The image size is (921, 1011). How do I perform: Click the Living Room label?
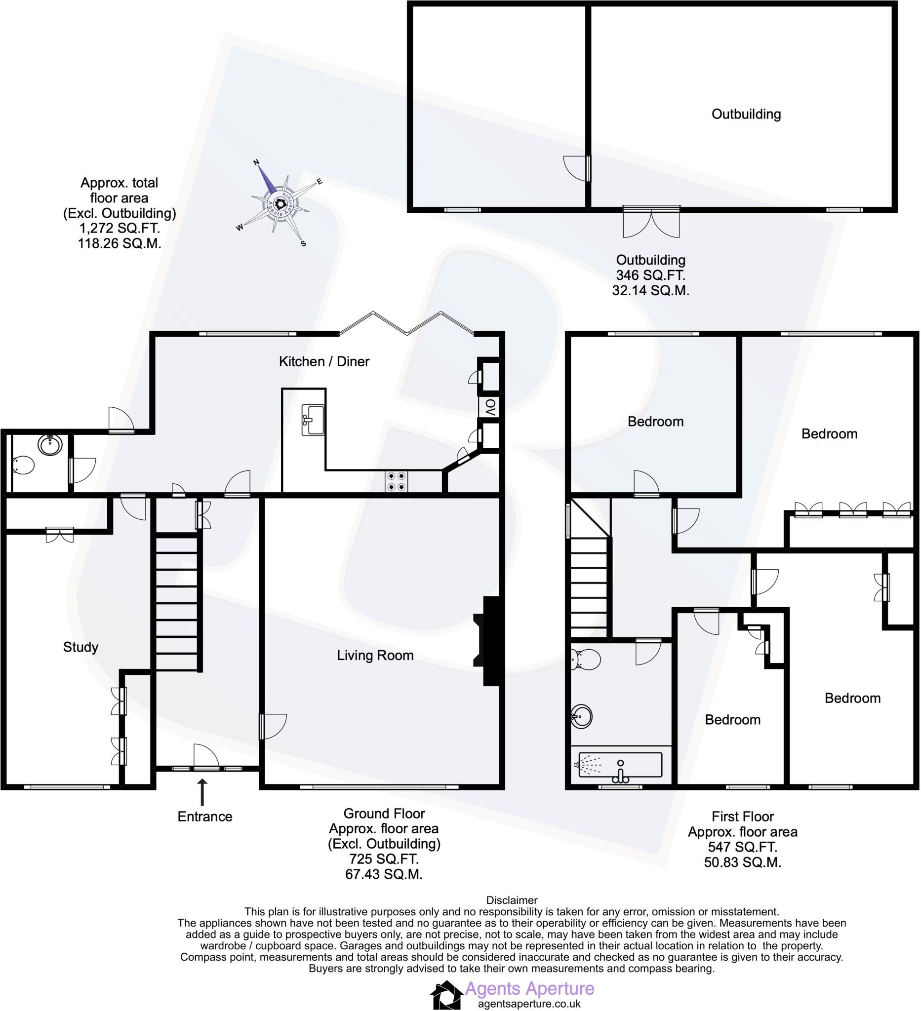tap(375, 656)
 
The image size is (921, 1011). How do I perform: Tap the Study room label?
tap(80, 647)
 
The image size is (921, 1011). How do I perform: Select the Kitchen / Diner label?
tap(324, 361)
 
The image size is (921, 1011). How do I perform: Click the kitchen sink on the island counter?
tap(314, 420)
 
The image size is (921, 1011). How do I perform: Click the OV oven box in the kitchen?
tap(490, 407)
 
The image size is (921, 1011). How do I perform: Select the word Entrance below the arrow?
tap(204, 817)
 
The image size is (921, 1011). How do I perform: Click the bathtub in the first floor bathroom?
tap(620, 765)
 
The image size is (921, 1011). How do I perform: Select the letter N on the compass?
tap(256, 162)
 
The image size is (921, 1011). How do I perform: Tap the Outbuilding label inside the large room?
tap(746, 115)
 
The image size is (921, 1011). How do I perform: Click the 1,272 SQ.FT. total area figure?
tap(120, 229)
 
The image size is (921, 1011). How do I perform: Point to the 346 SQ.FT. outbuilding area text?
tap(650, 275)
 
